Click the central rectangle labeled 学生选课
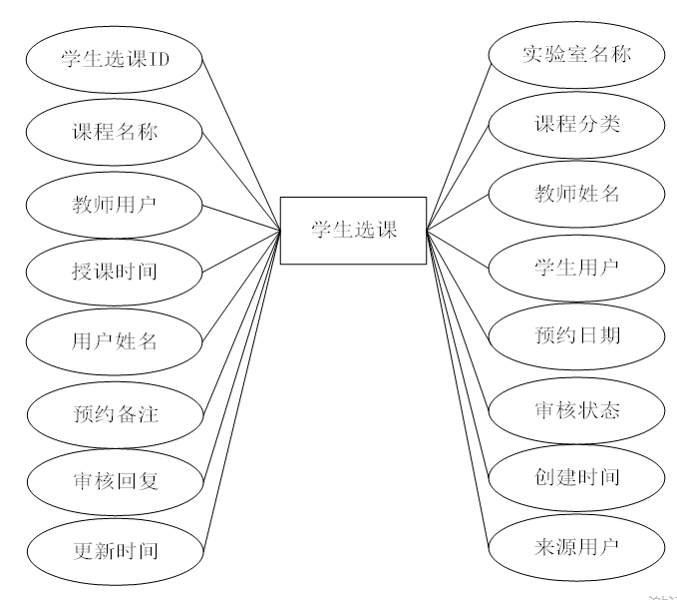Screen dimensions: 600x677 click(353, 231)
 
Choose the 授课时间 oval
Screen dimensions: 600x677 click(116, 270)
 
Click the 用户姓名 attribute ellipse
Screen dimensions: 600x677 click(116, 340)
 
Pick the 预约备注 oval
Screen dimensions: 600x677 click(116, 410)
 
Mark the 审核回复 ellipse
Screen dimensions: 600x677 click(116, 481)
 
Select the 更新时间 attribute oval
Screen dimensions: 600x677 click(116, 551)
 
